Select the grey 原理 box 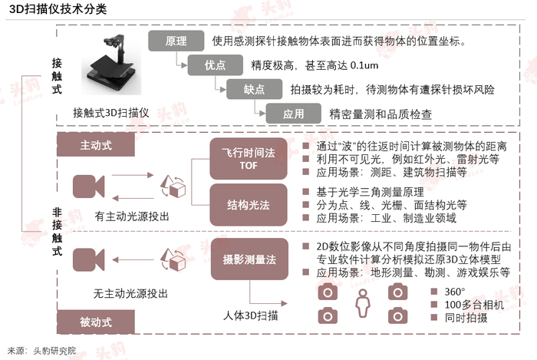point(176,41)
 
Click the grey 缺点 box point(254,89)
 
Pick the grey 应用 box point(293,114)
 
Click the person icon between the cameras point(362,305)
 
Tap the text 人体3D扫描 point(251,315)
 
